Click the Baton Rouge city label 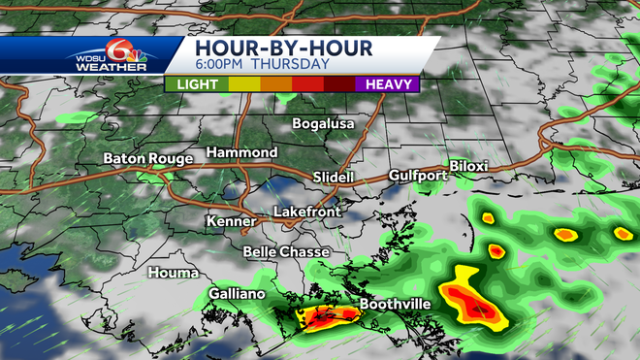point(147,158)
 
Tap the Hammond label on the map point(241,153)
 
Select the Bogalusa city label point(324,124)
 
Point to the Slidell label point(334,178)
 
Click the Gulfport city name point(416,176)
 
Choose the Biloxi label point(467,166)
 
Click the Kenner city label point(231,221)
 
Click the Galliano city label point(239,294)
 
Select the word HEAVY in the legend point(386,84)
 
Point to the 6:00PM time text point(222,65)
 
